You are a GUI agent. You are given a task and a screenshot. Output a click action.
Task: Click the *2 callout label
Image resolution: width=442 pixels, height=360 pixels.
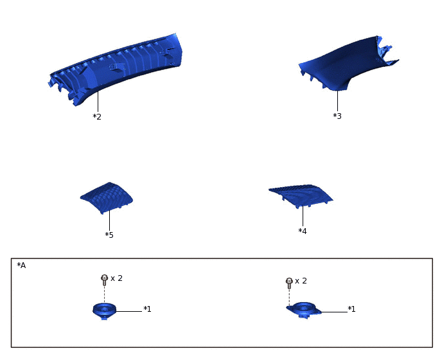[97, 116]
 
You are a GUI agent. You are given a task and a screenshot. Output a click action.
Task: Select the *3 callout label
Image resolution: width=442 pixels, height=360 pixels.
[337, 116]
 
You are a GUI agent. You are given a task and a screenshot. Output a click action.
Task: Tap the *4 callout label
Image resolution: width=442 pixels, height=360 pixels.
[303, 231]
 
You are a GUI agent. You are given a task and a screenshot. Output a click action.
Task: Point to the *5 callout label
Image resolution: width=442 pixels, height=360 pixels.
[109, 235]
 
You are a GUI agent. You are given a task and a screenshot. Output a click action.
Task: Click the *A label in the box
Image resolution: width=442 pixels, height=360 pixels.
[21, 265]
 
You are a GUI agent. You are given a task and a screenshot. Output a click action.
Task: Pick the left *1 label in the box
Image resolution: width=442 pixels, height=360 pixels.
[147, 309]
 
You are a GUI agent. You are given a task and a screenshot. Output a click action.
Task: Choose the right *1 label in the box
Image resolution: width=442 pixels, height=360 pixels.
[351, 309]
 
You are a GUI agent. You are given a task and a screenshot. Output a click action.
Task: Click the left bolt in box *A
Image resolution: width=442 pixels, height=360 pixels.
[104, 280]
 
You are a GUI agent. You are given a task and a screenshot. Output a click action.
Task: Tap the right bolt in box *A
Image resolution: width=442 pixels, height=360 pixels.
[289, 283]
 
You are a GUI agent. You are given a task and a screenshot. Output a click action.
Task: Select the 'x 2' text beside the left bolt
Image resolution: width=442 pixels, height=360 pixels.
[117, 278]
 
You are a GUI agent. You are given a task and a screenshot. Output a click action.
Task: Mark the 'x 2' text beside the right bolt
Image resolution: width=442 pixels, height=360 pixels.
[301, 281]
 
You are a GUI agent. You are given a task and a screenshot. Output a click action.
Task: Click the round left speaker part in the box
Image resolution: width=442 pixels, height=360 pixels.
[104, 311]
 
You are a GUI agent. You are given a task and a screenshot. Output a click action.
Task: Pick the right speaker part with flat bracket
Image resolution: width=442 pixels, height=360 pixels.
[304, 310]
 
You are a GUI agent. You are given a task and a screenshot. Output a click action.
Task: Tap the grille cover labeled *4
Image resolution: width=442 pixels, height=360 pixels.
[301, 195]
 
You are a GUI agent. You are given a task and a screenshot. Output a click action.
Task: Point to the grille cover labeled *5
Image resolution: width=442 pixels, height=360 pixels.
[107, 197]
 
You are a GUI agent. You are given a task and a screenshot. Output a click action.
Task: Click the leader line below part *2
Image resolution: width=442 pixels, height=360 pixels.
[98, 102]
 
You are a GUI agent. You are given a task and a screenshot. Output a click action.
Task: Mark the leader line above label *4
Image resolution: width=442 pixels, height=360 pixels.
[303, 217]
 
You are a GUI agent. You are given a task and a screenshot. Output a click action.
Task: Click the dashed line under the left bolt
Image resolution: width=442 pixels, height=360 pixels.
[104, 294]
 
